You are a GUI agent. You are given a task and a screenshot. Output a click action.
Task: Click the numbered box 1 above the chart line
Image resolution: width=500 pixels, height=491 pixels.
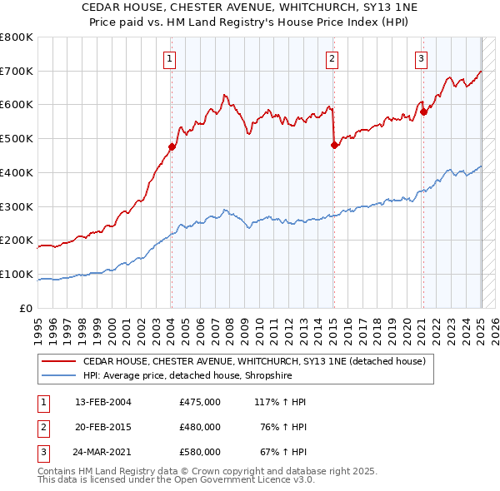(169, 58)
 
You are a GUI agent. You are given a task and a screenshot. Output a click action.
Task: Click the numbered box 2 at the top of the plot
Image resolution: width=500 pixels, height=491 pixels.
(332, 58)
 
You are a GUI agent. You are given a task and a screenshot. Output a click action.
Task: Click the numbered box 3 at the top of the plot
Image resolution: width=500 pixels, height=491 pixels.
(422, 58)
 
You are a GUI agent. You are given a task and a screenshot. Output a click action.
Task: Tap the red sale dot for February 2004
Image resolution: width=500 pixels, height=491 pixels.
(172, 147)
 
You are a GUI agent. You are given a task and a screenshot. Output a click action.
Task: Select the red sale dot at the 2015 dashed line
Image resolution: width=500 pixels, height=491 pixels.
(334, 146)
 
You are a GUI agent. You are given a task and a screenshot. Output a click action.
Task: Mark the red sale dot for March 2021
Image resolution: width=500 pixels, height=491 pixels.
(423, 112)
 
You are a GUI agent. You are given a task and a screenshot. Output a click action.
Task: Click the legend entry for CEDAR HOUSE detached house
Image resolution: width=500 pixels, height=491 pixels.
(254, 361)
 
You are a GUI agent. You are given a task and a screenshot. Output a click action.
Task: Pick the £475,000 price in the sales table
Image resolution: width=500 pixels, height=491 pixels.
(200, 402)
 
